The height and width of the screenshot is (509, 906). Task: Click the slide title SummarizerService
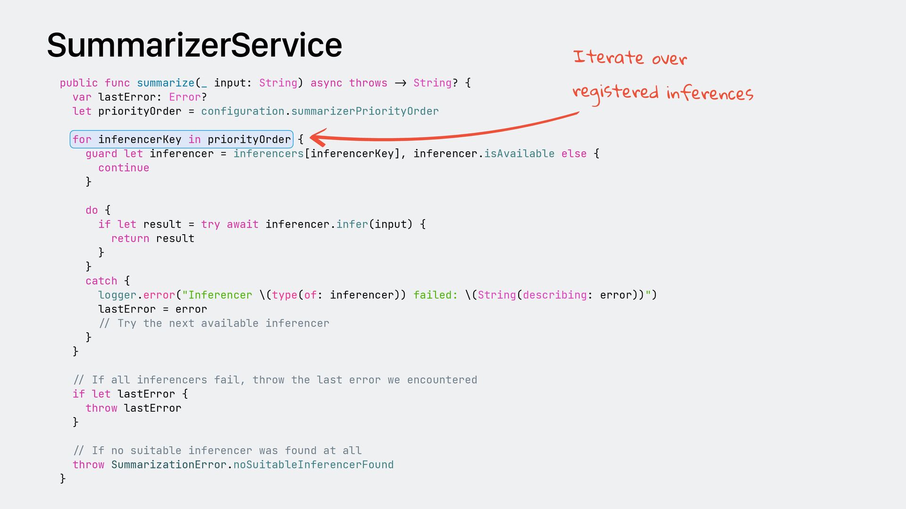(x=194, y=45)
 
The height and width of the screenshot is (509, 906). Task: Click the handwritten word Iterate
(x=608, y=57)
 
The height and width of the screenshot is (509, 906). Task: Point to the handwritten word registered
(x=615, y=92)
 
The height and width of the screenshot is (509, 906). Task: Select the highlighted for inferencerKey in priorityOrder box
(x=182, y=140)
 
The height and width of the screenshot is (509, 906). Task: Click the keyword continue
(x=124, y=168)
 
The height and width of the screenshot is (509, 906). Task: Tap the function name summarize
(x=166, y=83)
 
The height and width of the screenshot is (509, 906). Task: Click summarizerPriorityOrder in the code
(x=365, y=111)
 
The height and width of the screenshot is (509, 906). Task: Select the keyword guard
(x=101, y=154)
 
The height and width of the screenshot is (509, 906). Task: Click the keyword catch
(x=101, y=281)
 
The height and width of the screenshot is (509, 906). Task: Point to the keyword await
(x=243, y=224)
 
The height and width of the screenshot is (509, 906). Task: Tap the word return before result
(x=130, y=238)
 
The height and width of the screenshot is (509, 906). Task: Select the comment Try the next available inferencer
(x=214, y=323)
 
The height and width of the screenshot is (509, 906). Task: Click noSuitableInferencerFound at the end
(x=313, y=465)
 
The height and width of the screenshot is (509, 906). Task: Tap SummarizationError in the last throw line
(x=169, y=465)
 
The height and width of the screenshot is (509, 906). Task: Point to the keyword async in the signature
(x=326, y=83)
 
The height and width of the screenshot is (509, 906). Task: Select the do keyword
(x=92, y=210)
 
